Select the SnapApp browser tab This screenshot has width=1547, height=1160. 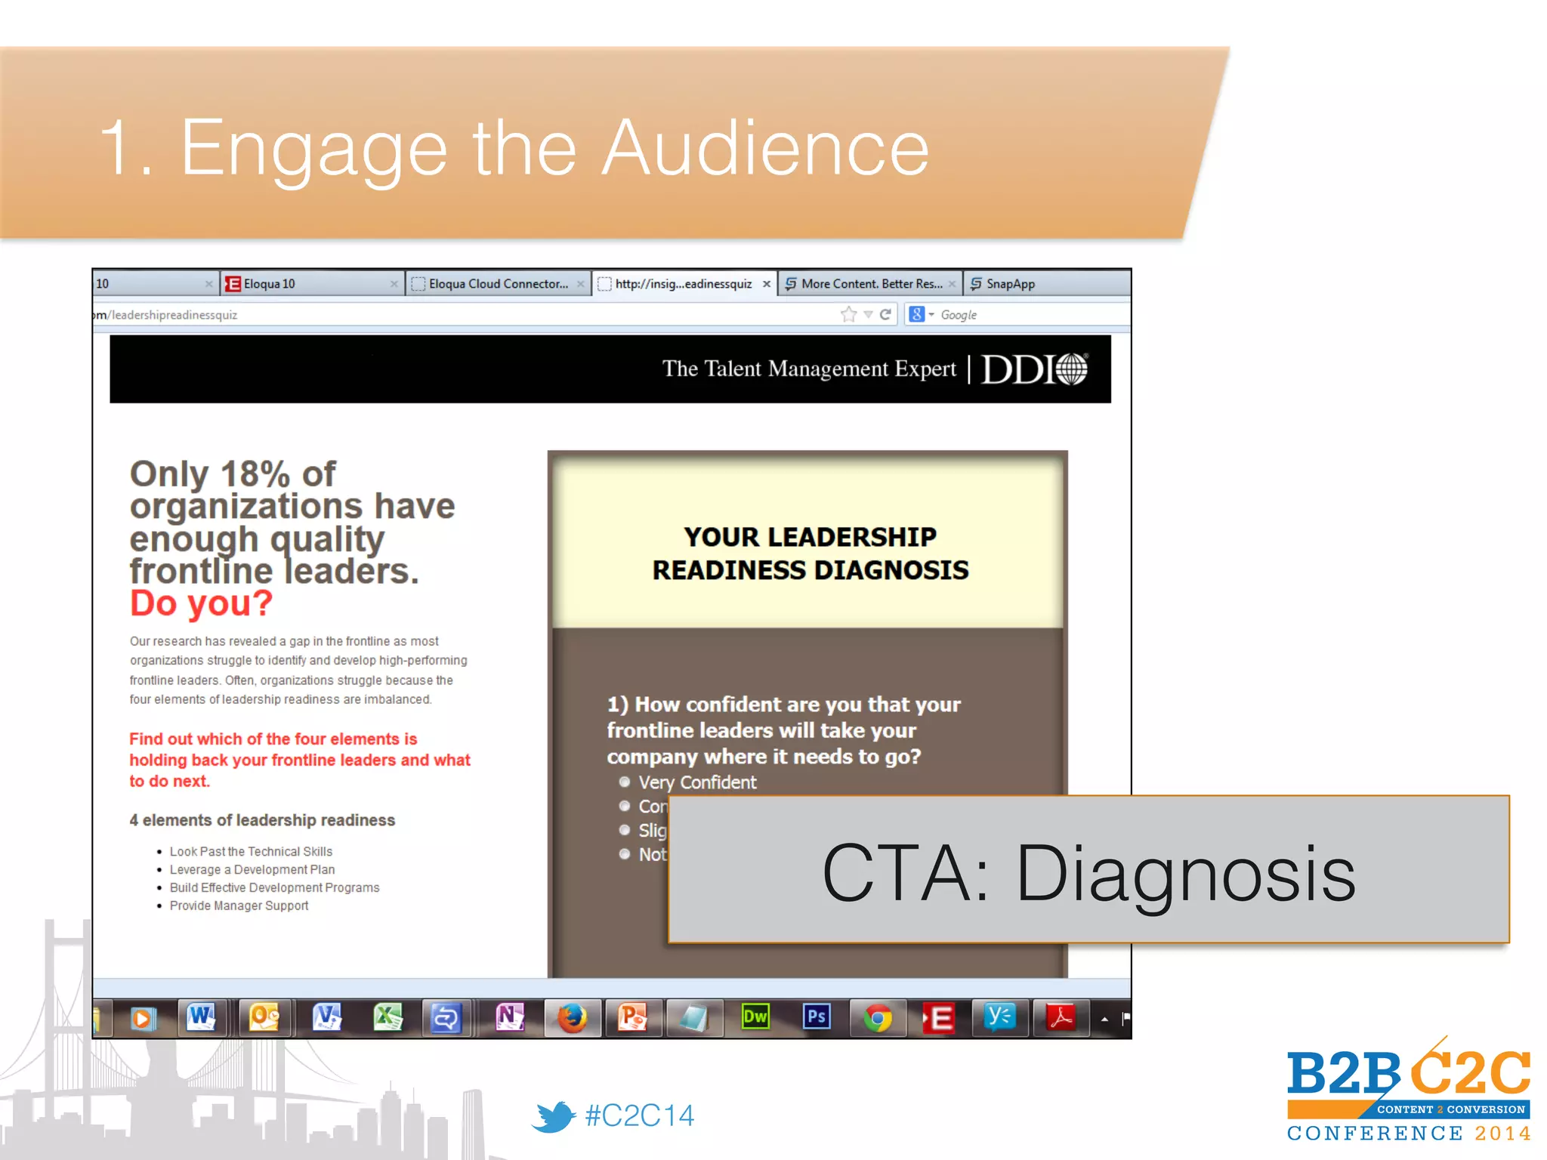[1010, 284]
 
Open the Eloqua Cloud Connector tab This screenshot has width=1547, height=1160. [497, 284]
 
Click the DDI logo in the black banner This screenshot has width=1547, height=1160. [1033, 369]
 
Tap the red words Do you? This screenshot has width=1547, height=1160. [201, 603]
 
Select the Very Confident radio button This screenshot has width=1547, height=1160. [625, 782]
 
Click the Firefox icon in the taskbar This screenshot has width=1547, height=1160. [572, 1018]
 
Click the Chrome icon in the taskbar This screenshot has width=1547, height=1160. [877, 1018]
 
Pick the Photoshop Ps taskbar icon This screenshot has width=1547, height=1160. [816, 1017]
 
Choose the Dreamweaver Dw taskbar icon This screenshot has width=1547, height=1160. [755, 1017]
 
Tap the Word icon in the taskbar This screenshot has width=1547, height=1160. [202, 1017]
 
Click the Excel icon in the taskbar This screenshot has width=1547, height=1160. [388, 1017]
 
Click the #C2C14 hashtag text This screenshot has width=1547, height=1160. [640, 1115]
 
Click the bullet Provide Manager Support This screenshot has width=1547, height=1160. [239, 905]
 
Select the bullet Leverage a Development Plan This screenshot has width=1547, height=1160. [252, 869]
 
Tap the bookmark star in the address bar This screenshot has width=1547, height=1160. [848, 314]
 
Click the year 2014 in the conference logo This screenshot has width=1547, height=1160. [1502, 1134]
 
